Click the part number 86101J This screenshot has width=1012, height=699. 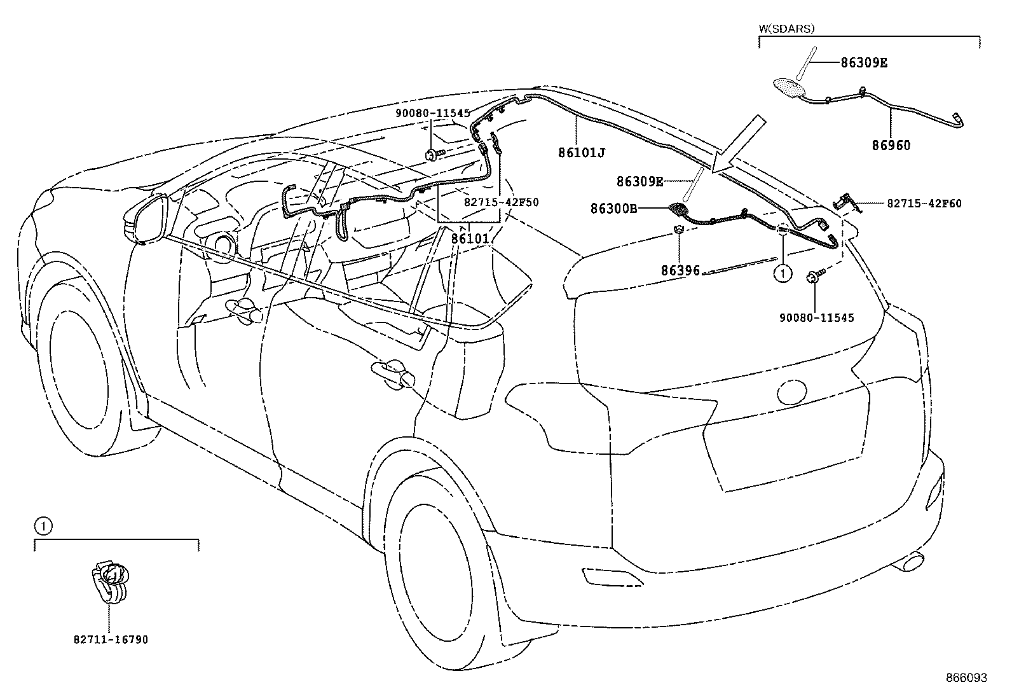[582, 153]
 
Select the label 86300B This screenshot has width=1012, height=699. [613, 208]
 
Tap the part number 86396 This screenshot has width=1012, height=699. [680, 270]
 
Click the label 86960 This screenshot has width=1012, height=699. [891, 146]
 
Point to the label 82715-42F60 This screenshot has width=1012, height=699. [924, 204]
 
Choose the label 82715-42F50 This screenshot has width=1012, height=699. [501, 202]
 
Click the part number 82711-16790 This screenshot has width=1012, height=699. [111, 639]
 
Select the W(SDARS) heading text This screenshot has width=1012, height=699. [786, 29]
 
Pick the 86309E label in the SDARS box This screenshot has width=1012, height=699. [864, 63]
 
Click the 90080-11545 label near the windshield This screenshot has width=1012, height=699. [432, 113]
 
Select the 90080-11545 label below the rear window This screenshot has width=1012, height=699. [816, 317]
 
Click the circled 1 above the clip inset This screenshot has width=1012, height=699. [42, 526]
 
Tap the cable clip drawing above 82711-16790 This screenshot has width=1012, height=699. [109, 581]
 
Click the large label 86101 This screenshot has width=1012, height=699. [470, 240]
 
